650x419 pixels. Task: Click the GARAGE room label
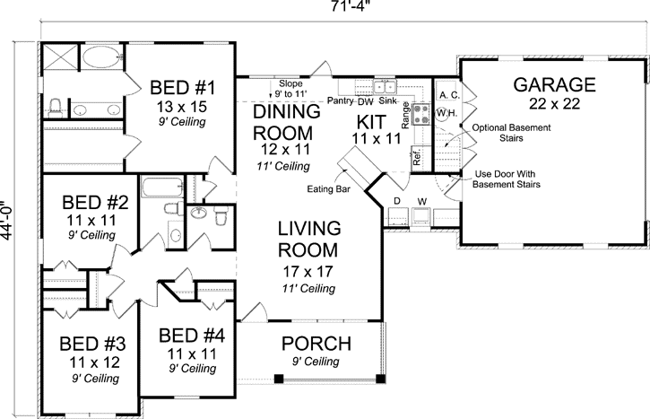coord(554,84)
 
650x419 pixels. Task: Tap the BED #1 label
coord(182,88)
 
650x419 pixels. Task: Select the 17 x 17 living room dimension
coord(308,272)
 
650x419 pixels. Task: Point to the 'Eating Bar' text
coord(328,189)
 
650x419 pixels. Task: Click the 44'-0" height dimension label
coord(7,221)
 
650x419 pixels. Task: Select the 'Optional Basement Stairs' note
coord(511,133)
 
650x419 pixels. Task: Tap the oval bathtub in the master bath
coord(100,57)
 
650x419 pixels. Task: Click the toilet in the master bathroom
coord(55,108)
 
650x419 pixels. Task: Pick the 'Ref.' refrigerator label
coord(417,157)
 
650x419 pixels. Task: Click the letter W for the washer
coord(422,202)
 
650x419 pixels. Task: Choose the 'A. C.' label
coord(449,95)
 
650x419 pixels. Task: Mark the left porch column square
coord(279,379)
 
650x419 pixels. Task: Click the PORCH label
coord(316,344)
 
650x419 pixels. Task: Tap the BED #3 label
coord(92,344)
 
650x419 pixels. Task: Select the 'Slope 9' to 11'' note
coord(290,89)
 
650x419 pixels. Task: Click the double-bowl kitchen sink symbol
coord(386,87)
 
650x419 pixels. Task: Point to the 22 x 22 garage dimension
coord(554,104)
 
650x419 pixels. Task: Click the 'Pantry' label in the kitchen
coord(341,100)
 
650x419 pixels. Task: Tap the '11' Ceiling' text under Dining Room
coord(283,166)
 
